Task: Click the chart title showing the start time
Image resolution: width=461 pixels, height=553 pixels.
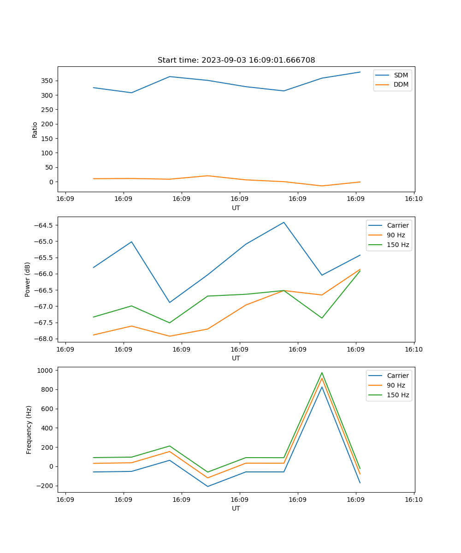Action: click(236, 60)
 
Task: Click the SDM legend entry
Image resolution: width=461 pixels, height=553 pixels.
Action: click(401, 75)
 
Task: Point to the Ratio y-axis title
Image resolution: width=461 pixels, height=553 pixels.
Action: click(35, 129)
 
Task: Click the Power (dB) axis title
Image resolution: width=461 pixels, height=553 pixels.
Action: click(28, 279)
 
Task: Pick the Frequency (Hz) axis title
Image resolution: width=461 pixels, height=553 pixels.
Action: click(29, 429)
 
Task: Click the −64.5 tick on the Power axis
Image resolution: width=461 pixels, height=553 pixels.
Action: click(43, 225)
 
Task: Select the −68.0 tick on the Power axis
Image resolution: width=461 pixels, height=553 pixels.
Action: click(43, 339)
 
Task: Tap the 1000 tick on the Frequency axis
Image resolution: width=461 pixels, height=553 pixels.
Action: click(46, 371)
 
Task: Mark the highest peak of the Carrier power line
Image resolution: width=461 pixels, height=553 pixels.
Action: click(284, 222)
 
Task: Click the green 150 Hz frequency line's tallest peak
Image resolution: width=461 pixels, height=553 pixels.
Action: click(322, 373)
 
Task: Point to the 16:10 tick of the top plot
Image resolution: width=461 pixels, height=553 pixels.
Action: click(414, 199)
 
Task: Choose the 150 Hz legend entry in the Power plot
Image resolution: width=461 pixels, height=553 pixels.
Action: click(397, 245)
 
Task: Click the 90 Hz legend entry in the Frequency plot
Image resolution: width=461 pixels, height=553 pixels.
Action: click(396, 385)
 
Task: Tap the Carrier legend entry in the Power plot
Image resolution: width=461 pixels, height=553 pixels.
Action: click(397, 225)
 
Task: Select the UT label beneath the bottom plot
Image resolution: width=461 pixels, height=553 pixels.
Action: click(236, 508)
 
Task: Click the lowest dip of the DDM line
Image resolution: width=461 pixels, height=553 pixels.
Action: click(322, 186)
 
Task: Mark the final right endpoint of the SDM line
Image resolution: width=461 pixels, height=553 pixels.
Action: click(360, 72)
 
